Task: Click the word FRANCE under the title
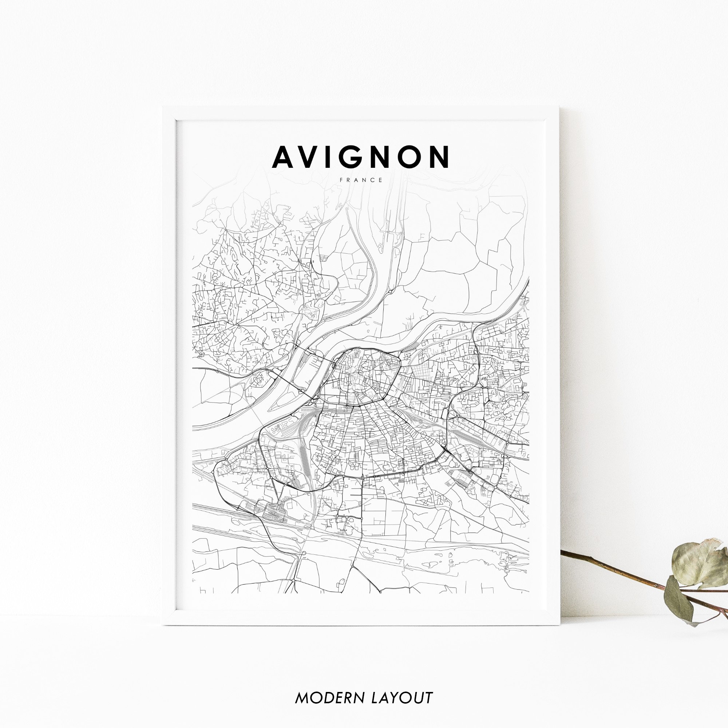361,180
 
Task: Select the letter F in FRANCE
341,180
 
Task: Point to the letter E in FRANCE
381,180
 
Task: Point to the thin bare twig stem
610,569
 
